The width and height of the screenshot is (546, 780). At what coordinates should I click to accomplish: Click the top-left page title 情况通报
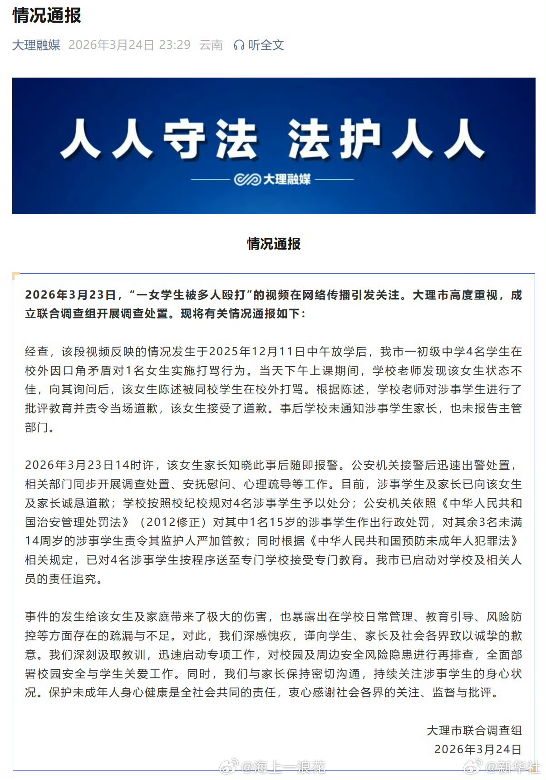(x=47, y=15)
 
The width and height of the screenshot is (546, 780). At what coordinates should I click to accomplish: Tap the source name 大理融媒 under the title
(x=36, y=45)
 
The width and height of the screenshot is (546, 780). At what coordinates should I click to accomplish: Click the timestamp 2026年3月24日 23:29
(x=129, y=45)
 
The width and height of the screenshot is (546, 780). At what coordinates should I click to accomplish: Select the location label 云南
(x=211, y=45)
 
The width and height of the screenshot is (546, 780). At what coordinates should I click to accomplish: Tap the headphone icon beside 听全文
(x=239, y=45)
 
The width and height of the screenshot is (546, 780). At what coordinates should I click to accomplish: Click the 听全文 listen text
(x=266, y=45)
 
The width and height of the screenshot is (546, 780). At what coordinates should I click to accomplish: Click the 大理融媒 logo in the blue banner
(x=273, y=179)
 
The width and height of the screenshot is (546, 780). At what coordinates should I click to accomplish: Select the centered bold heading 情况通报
(x=273, y=244)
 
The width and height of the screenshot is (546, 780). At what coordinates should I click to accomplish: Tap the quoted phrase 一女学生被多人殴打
(x=191, y=295)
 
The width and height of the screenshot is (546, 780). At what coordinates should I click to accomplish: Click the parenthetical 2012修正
(x=173, y=522)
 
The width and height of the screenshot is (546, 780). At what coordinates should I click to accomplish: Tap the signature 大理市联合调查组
(x=474, y=730)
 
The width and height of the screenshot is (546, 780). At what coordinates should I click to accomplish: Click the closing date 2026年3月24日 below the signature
(x=477, y=749)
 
